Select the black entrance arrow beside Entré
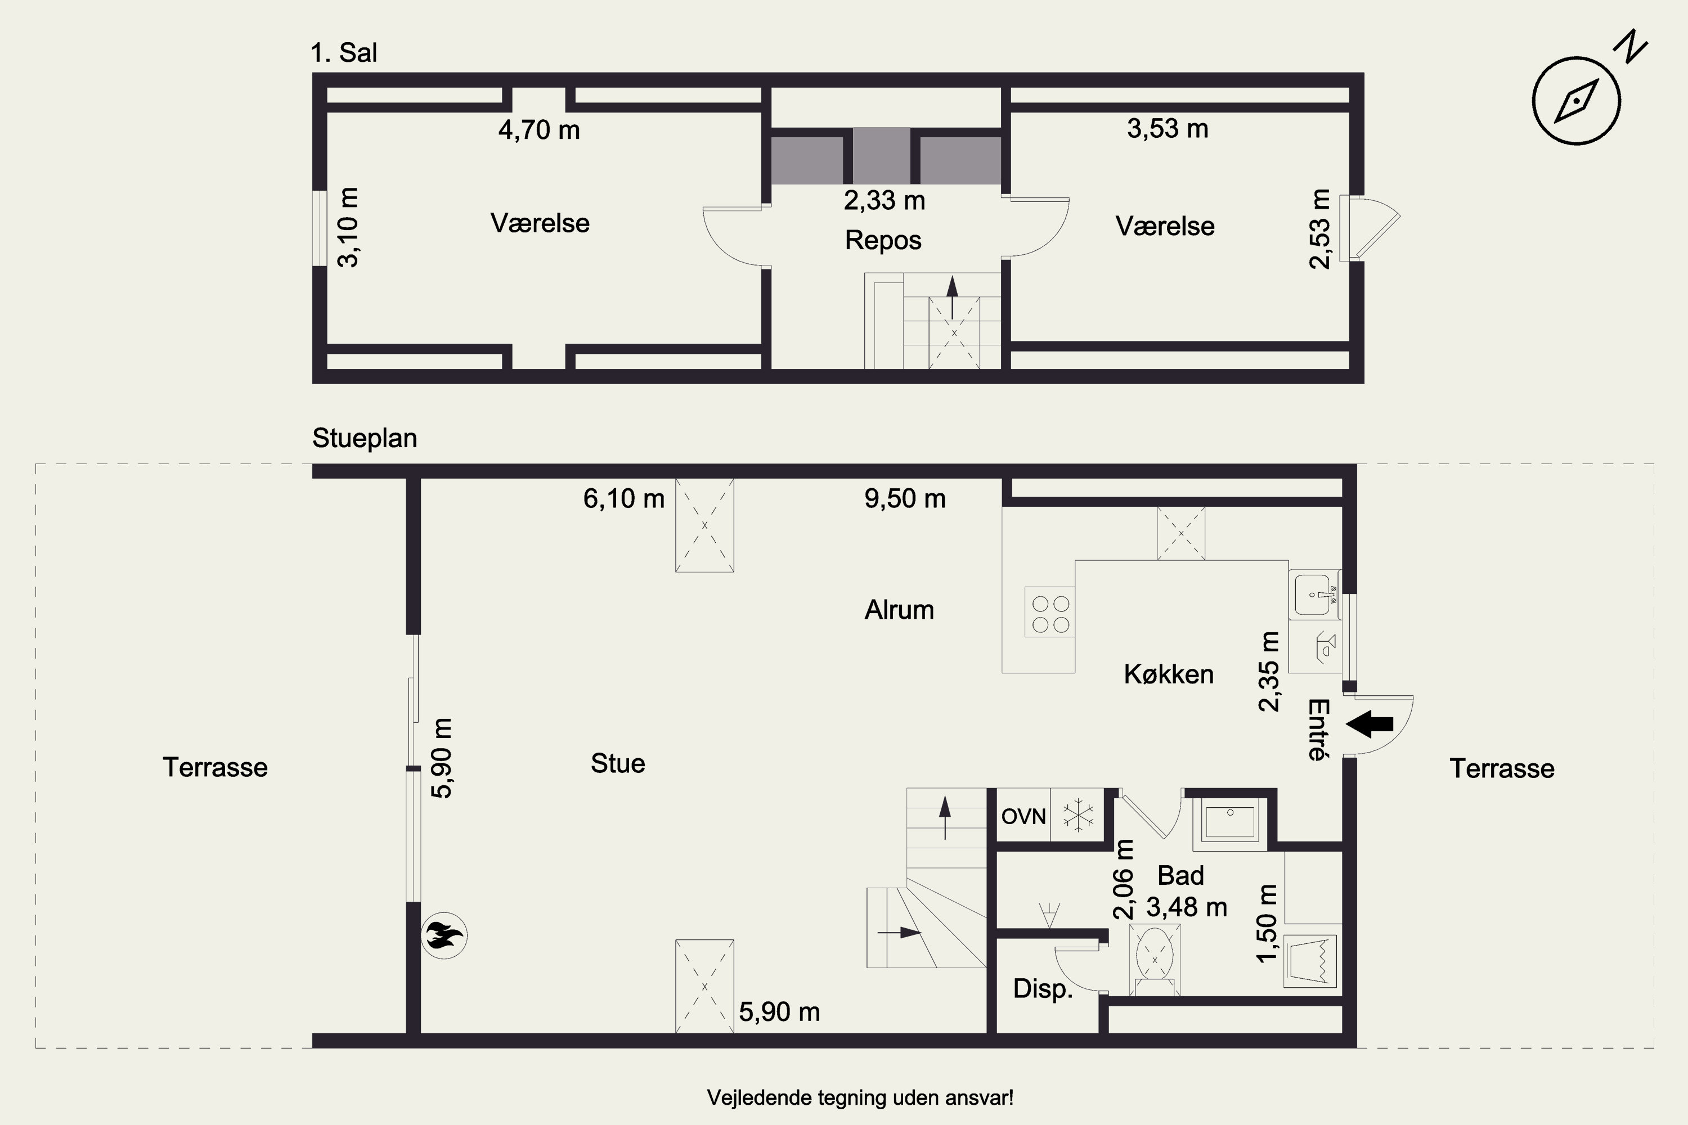pos(1370,724)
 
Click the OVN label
pos(1023,817)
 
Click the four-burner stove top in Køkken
pos(1050,614)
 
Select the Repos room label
pos(883,240)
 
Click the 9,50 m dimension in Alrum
pos(905,498)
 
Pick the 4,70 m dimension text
pos(539,130)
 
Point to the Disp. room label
pos(1043,989)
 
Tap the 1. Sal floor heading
pos(344,53)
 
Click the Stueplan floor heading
pos(365,438)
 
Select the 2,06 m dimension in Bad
pos(1123,880)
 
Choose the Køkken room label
pos(1169,674)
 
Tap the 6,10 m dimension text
pos(623,498)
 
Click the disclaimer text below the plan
pos(860,1098)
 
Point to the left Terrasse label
pos(216,768)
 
